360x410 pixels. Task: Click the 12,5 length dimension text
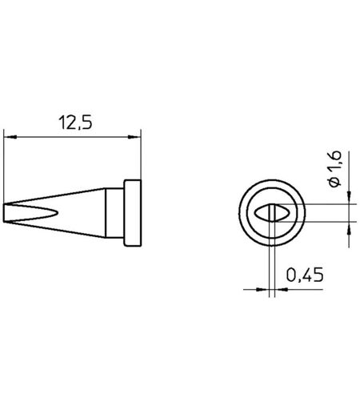pyautogui.click(x=75, y=123)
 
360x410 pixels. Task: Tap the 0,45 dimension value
pyautogui.click(x=305, y=275)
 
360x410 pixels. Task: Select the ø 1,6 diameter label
pyautogui.click(x=335, y=169)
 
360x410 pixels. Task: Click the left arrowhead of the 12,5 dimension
pyautogui.click(x=10, y=137)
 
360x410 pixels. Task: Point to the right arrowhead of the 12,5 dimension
pyautogui.click(x=134, y=137)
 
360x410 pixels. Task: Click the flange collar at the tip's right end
pyautogui.click(x=133, y=213)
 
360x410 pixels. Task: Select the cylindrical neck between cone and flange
pyautogui.click(x=114, y=213)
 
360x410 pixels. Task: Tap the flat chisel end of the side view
pyautogui.click(x=4, y=213)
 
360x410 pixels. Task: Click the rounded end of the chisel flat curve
pyautogui.click(x=57, y=213)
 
